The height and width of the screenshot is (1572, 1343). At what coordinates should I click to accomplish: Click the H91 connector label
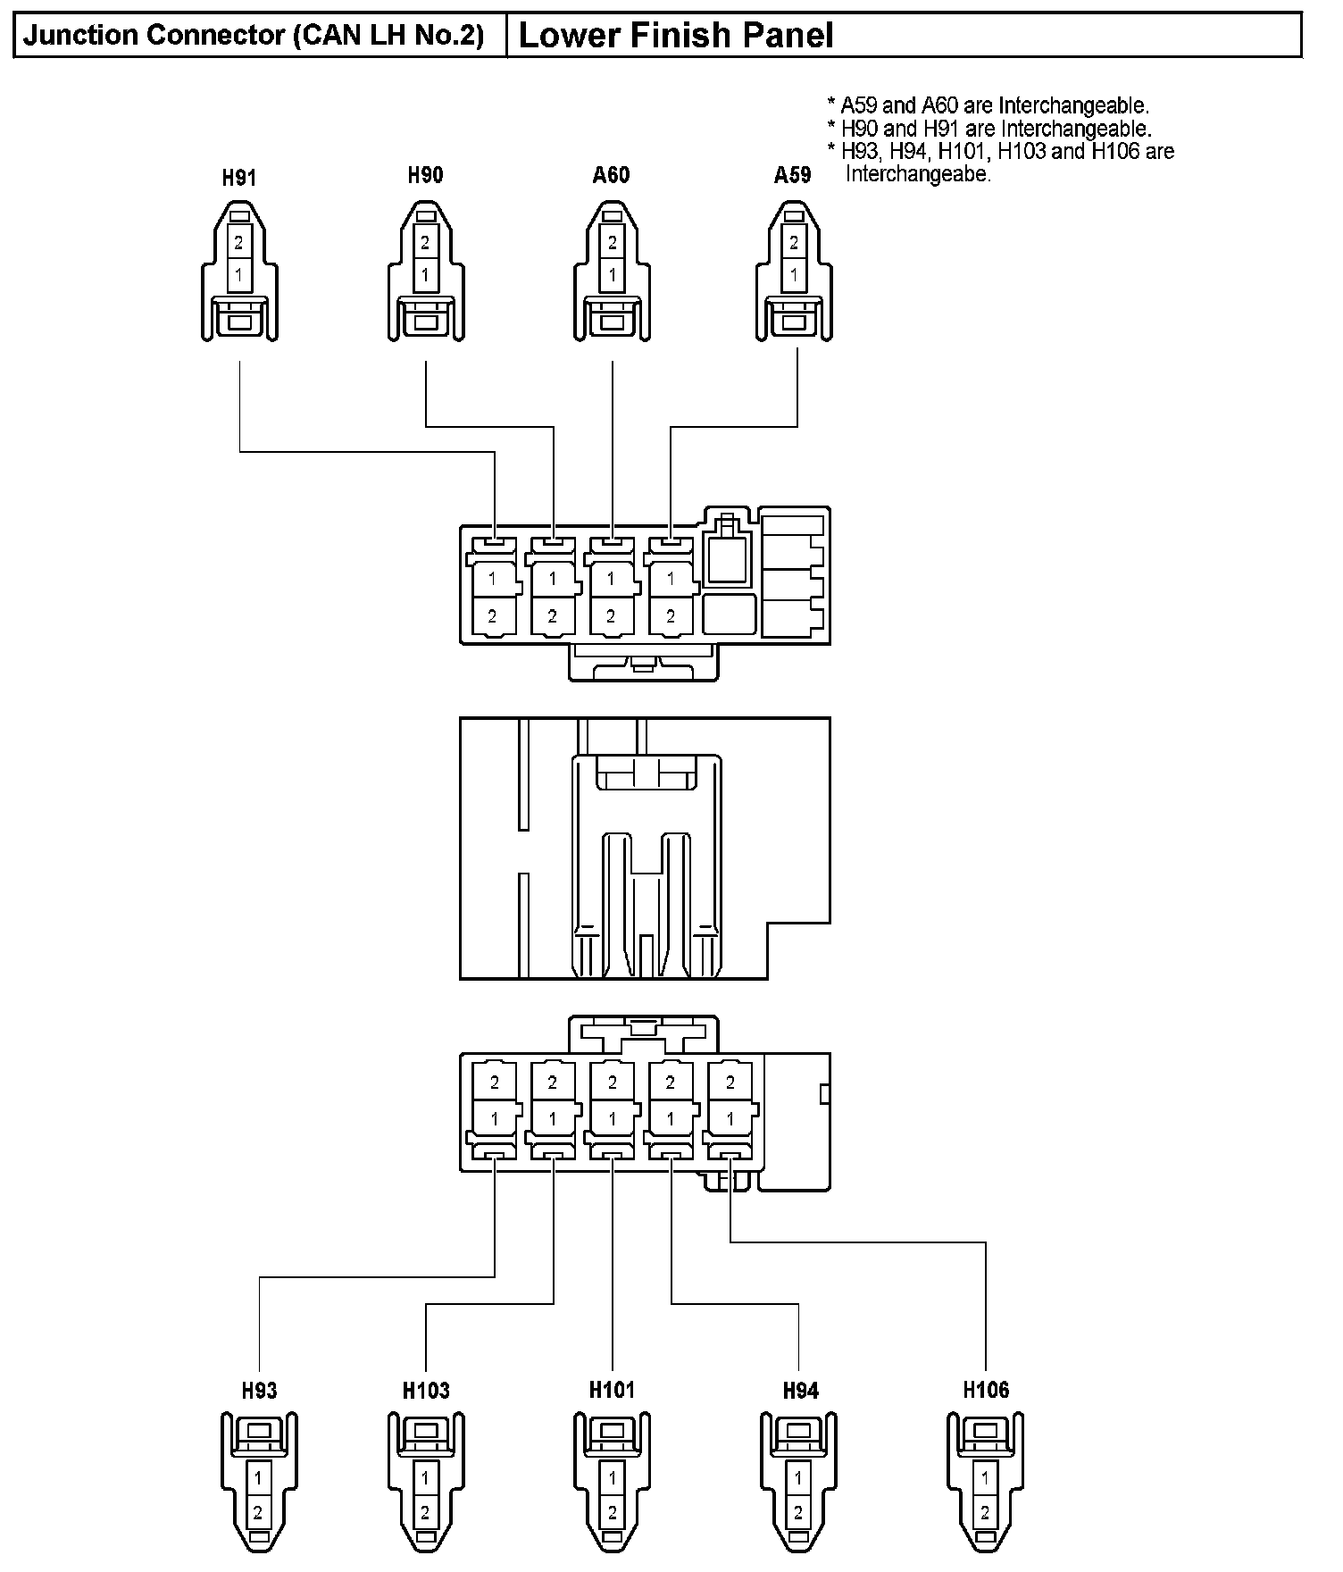click(239, 178)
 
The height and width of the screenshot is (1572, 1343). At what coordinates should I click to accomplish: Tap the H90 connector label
click(425, 175)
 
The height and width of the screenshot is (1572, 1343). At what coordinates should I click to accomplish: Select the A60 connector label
click(611, 175)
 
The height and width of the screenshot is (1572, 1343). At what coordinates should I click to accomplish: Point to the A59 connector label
click(793, 175)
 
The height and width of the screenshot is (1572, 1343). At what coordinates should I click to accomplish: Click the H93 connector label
click(259, 1391)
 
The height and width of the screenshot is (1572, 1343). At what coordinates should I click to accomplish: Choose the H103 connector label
click(426, 1391)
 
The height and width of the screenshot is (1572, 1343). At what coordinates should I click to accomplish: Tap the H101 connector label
click(612, 1390)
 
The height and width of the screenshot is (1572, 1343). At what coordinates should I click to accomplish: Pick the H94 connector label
click(800, 1391)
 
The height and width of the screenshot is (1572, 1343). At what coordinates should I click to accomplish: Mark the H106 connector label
click(986, 1390)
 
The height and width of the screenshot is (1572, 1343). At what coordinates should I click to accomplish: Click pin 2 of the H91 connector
click(239, 242)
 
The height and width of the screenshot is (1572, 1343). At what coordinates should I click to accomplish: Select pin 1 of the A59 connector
click(794, 275)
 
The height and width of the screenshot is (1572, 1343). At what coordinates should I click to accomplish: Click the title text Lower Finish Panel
click(676, 36)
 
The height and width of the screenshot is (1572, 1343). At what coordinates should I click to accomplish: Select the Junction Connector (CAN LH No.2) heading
click(254, 36)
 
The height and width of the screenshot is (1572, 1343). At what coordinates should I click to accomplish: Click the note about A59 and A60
click(988, 105)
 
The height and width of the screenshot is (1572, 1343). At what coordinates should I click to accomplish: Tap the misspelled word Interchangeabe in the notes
click(918, 174)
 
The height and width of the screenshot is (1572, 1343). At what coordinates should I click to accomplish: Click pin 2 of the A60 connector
click(612, 242)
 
